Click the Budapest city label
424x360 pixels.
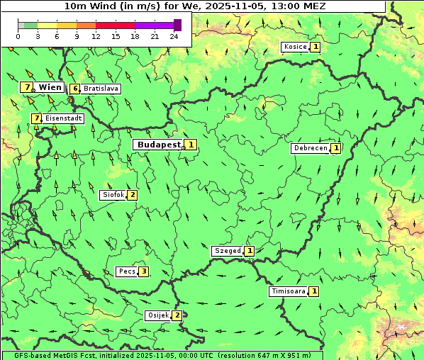[158, 145]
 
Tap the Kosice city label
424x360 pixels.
[295, 47]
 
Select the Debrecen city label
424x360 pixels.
[310, 148]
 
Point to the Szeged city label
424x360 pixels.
[227, 251]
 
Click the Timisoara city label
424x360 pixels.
[288, 291]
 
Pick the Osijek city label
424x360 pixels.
[157, 315]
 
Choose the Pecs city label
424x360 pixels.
[127, 271]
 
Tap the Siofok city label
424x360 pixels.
[113, 195]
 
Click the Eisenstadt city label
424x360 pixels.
[63, 118]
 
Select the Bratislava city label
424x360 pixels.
[100, 89]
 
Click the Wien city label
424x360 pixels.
[50, 87]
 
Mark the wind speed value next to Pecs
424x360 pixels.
[144, 271]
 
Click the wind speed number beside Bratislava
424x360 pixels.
[75, 89]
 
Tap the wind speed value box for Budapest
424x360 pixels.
[191, 145]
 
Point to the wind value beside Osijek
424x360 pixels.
[177, 315]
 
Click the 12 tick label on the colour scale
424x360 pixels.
[96, 36]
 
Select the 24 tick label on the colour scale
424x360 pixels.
[174, 36]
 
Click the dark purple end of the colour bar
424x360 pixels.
[177, 25]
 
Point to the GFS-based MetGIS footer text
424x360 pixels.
[162, 355]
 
